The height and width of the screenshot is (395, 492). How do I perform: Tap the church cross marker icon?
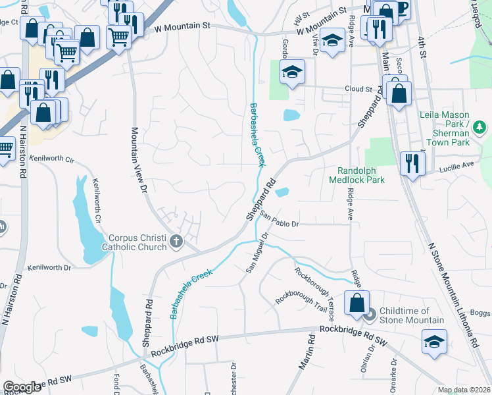[176, 242]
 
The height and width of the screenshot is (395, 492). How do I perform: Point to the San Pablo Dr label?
[280, 219]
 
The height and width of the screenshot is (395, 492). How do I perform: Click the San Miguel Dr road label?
[257, 251]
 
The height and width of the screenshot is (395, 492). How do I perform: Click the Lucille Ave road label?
[458, 165]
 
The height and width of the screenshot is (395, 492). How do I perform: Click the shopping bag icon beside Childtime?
[357, 303]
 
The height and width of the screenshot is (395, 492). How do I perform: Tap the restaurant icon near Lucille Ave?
[412, 163]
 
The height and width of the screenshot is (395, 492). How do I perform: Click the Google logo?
[22, 387]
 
